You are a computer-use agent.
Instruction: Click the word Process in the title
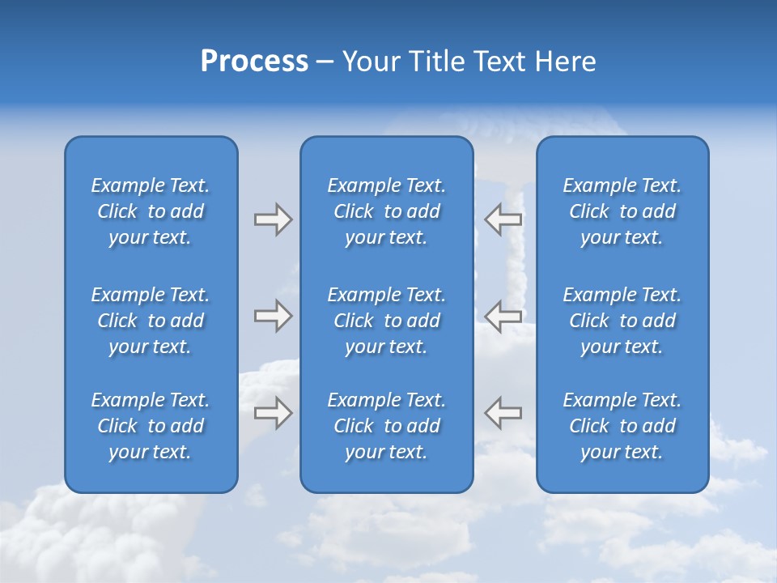click(x=254, y=62)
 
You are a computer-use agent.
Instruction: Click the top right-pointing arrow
click(x=274, y=219)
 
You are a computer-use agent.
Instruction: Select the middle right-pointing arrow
click(x=274, y=316)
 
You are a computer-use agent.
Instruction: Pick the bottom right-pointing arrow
click(x=274, y=412)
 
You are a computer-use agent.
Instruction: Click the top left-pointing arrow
click(x=503, y=219)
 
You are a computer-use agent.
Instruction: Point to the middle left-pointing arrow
click(x=503, y=316)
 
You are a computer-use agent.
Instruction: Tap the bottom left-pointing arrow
click(x=503, y=412)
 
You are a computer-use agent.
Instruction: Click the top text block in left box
click(x=151, y=211)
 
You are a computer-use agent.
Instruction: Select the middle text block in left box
click(x=151, y=321)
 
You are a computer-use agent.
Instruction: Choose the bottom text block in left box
click(x=151, y=426)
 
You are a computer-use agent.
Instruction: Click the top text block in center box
click(x=387, y=211)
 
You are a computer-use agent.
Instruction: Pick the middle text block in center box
click(x=387, y=321)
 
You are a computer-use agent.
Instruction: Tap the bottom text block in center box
click(x=387, y=426)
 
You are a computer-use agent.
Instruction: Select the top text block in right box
click(x=622, y=211)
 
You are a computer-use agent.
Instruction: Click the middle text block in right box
click(x=622, y=321)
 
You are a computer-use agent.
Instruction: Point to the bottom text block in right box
click(x=622, y=426)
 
